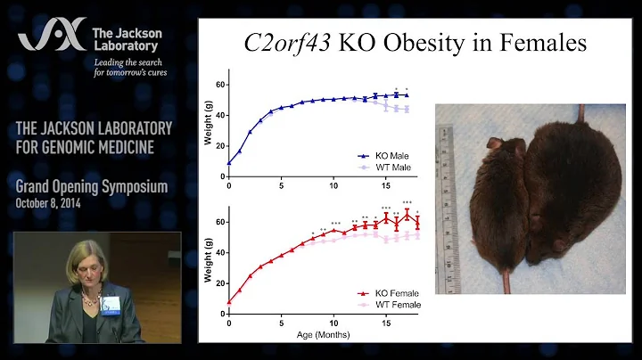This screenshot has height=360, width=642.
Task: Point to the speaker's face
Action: (92, 266)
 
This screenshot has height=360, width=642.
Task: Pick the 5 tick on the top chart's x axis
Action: (281, 184)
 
